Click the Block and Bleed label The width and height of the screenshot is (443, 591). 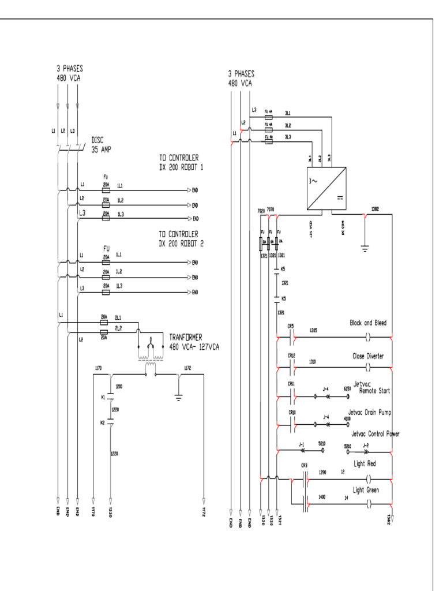pos(368,323)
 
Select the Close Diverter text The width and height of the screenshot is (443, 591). pos(368,356)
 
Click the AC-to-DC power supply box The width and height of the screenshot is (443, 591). pos(326,189)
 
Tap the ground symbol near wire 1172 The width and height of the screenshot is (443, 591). pos(178,398)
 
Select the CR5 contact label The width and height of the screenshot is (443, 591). pos(291,326)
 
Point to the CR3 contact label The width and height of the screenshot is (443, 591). pos(304,465)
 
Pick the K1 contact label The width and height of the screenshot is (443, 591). pos(103,397)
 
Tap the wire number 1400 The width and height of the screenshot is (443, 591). pos(322,497)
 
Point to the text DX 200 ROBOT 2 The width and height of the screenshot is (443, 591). pos(186,244)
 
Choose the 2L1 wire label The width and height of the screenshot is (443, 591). pos(118,317)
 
